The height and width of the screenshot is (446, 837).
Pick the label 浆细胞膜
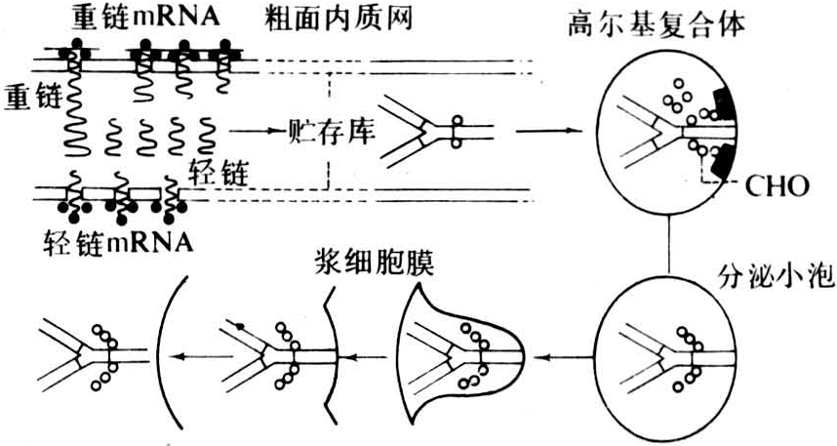[373, 265]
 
